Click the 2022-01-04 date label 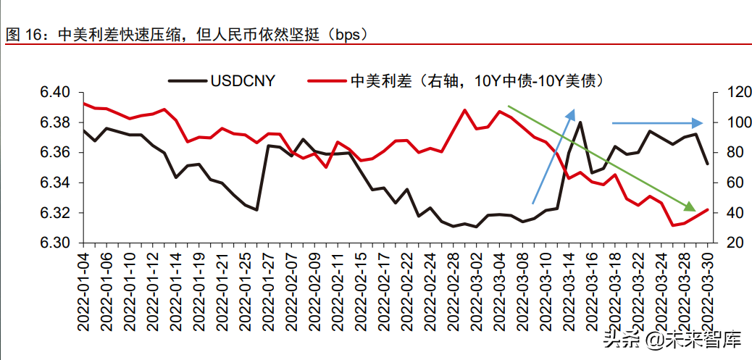[84, 290]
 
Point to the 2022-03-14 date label [567, 290]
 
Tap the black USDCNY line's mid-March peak [580, 122]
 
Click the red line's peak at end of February [464, 110]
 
